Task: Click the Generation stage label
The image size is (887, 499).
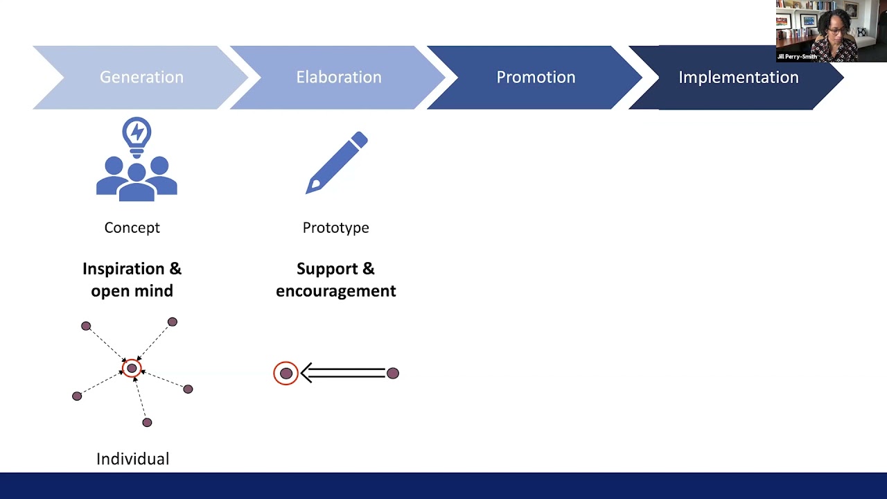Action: [141, 77]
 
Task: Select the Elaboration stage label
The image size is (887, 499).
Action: [338, 77]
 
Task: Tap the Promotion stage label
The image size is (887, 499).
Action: [536, 77]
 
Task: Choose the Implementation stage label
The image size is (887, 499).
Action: [738, 77]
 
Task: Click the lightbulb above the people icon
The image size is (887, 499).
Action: [137, 133]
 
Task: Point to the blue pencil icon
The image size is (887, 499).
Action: [337, 163]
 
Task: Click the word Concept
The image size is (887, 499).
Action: [132, 227]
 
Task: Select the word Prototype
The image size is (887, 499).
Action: [335, 227]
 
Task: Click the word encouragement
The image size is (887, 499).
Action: [335, 290]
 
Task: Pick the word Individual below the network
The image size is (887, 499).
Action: [132, 459]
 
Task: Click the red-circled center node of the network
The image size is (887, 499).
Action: [132, 368]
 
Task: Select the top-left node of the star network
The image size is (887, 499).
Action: [86, 326]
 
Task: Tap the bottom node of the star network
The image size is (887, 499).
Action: [147, 422]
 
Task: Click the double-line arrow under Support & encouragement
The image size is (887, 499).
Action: [343, 374]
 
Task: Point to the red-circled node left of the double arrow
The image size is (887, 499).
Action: [286, 374]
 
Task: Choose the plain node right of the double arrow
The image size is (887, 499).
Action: [393, 374]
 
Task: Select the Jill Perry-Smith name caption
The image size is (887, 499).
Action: [797, 57]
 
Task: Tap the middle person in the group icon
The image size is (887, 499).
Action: [137, 182]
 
